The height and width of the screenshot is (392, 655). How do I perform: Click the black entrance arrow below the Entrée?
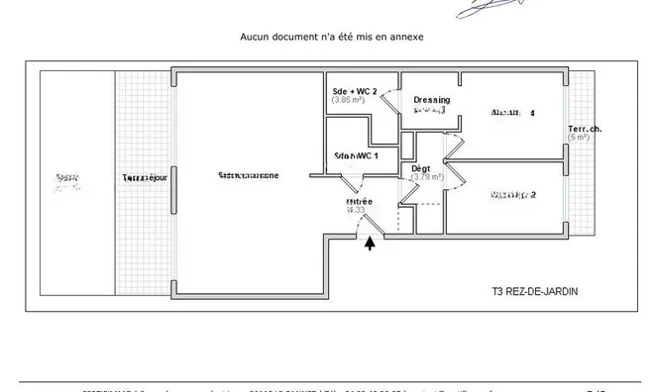371,243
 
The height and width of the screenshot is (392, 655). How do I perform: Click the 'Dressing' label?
432,100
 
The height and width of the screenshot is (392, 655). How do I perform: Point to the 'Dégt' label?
421,168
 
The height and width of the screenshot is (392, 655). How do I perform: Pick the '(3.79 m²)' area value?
427,178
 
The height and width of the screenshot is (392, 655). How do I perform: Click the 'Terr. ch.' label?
585,129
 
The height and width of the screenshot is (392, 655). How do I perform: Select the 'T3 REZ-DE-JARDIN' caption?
534,292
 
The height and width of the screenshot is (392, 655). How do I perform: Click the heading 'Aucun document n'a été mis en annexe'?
332,37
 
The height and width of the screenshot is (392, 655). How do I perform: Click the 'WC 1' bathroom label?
356,156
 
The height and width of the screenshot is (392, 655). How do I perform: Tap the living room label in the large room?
249,175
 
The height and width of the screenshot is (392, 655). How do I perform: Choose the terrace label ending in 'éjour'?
145,177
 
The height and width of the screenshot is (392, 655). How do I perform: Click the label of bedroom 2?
513,195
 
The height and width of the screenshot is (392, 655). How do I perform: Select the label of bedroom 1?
513,113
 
